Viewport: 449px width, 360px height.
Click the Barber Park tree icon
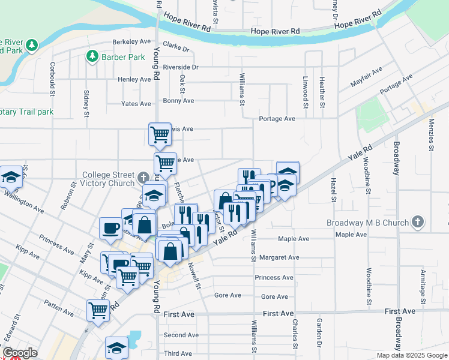(92, 57)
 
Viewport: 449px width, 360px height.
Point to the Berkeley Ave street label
(131, 43)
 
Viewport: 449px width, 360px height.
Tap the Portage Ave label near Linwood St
(277, 119)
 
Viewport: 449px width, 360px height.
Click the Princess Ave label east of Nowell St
(274, 277)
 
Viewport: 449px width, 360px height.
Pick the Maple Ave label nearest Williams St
(294, 238)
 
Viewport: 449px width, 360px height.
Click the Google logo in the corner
(20, 353)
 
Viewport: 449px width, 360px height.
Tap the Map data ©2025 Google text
(411, 355)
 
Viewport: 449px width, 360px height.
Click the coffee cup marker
(111, 229)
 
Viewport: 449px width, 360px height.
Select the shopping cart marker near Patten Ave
(98, 310)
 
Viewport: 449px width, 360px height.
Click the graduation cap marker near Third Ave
(116, 347)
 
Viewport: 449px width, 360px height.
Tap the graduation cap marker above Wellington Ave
(11, 176)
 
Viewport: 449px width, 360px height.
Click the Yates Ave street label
(136, 104)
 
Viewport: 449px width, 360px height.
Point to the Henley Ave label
(134, 79)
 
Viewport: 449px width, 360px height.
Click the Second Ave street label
(181, 335)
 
